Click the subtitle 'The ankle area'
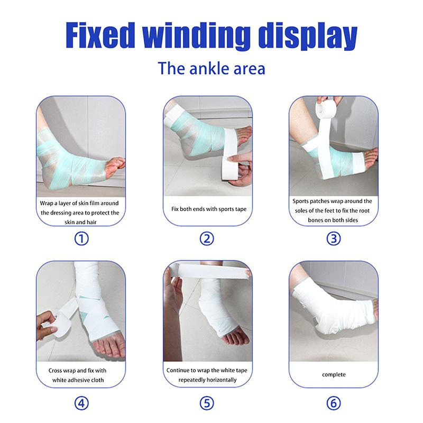click(x=210, y=69)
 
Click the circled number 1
click(x=81, y=238)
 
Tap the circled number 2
click(x=207, y=238)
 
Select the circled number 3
click(x=333, y=238)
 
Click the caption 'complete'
click(x=334, y=374)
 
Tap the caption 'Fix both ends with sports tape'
click(x=209, y=209)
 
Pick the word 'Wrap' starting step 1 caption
click(x=48, y=204)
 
